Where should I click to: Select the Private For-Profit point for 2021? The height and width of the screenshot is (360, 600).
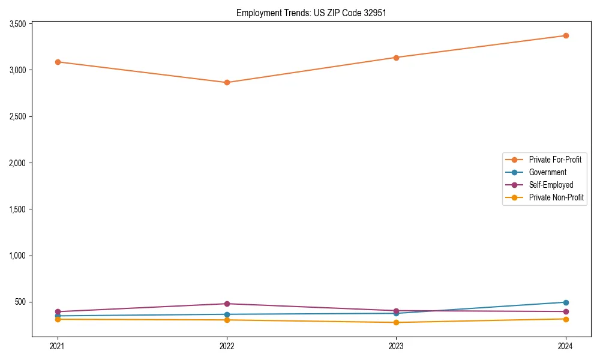58,62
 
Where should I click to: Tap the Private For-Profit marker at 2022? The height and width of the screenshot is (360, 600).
227,82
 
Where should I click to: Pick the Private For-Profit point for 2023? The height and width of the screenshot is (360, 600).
396,58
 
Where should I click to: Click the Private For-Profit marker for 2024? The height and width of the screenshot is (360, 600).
565,35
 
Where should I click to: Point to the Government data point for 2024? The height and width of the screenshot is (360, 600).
565,302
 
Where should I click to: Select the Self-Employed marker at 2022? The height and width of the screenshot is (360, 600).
227,304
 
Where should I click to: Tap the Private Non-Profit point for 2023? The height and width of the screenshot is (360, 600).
396,322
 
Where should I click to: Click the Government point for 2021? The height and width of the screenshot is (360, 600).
58,316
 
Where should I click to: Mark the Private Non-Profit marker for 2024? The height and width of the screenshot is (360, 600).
565,319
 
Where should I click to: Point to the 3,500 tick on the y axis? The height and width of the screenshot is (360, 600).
17,24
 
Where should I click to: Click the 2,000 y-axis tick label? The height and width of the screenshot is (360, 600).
17,163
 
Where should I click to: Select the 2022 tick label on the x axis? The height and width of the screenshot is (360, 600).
227,346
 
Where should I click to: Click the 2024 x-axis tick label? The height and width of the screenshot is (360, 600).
565,346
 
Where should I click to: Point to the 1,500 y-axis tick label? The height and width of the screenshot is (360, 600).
17,209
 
